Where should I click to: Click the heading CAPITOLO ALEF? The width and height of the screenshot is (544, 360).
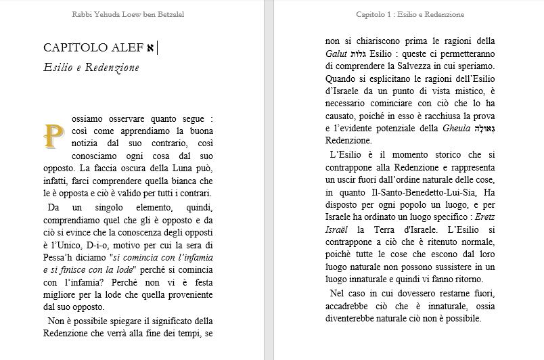point(93,47)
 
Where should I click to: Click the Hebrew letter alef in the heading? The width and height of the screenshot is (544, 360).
point(150,47)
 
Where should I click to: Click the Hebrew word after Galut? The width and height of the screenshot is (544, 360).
point(359,53)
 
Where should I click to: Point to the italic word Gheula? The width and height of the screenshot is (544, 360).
point(456,129)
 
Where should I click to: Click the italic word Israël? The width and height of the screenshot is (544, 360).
point(340,231)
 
